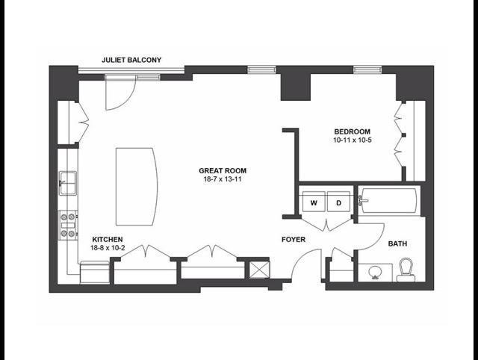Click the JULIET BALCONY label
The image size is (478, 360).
tap(131, 60)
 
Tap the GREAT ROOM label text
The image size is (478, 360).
tap(223, 170)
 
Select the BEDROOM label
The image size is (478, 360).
tap(351, 131)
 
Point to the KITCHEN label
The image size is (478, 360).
tap(107, 239)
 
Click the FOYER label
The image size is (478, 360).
tap(292, 240)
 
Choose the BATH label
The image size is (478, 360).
tap(397, 243)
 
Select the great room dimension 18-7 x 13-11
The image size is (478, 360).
tap(223, 179)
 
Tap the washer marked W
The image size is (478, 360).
tap(314, 202)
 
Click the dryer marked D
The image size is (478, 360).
tap(338, 202)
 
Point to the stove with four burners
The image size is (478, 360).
tap(68, 225)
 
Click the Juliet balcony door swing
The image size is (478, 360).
tap(119, 90)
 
